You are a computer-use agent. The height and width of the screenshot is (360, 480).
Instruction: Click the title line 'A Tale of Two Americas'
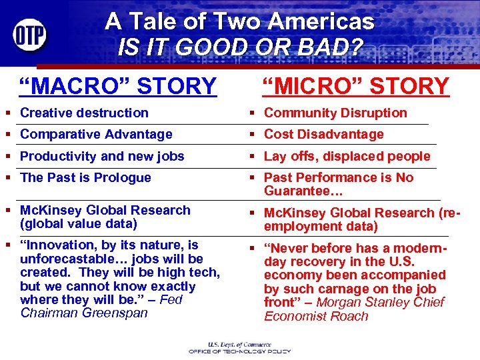click(x=239, y=21)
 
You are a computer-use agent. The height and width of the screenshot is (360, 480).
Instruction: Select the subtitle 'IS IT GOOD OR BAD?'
click(x=239, y=47)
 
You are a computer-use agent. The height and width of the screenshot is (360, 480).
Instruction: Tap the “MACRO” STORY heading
click(x=118, y=86)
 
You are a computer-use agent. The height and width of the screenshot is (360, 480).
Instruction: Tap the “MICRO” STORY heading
click(x=355, y=86)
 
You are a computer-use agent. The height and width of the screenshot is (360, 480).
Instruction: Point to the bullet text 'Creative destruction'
click(x=84, y=113)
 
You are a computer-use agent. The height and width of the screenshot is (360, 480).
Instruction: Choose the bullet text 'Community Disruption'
click(x=335, y=113)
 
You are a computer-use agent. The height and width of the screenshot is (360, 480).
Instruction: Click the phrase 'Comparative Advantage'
click(x=96, y=134)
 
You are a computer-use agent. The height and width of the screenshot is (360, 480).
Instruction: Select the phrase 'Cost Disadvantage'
click(x=323, y=134)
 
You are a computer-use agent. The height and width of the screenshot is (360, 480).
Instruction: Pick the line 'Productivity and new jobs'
click(x=102, y=156)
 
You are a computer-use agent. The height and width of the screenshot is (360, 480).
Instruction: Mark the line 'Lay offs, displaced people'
click(x=347, y=156)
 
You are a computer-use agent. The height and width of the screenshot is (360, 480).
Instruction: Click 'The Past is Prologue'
click(x=85, y=177)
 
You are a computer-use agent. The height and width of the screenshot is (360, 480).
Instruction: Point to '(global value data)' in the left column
click(x=79, y=223)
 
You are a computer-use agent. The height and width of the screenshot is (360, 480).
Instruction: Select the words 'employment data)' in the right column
click(x=321, y=227)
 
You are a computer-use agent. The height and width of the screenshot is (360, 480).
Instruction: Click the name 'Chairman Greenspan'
click(x=84, y=313)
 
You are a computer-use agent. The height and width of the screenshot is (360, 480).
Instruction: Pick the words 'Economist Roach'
click(x=316, y=316)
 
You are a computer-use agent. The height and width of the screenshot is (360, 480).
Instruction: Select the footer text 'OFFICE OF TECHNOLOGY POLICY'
click(x=241, y=351)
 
